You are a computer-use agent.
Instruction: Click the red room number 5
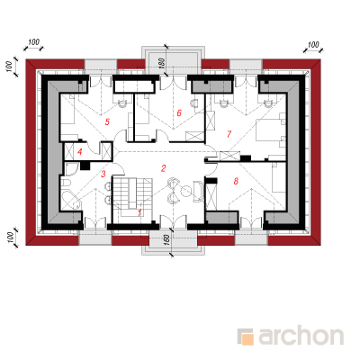(x=107, y=121)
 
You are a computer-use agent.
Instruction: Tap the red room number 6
(x=179, y=113)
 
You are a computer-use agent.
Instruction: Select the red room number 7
(x=229, y=134)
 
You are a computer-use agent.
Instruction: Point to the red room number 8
(x=236, y=181)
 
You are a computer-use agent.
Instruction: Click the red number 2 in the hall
(x=163, y=168)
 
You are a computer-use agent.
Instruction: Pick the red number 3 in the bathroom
(x=103, y=174)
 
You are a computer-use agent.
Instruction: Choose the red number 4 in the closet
(x=79, y=152)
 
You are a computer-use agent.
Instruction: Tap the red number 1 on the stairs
(x=139, y=213)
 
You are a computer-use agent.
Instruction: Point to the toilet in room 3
(x=66, y=183)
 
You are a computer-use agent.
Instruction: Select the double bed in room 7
(x=270, y=130)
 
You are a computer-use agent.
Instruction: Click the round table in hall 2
(x=186, y=191)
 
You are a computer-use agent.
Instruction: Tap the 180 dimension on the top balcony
(x=162, y=63)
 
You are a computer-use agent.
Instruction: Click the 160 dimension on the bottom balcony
(x=167, y=240)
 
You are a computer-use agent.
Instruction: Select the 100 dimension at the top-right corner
(x=313, y=45)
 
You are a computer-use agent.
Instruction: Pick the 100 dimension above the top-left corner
(x=33, y=42)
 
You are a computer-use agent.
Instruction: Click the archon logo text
(x=301, y=336)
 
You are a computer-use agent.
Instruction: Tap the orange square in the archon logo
(x=247, y=339)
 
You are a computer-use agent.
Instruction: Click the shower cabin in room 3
(x=71, y=169)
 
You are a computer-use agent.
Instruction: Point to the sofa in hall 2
(x=198, y=191)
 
